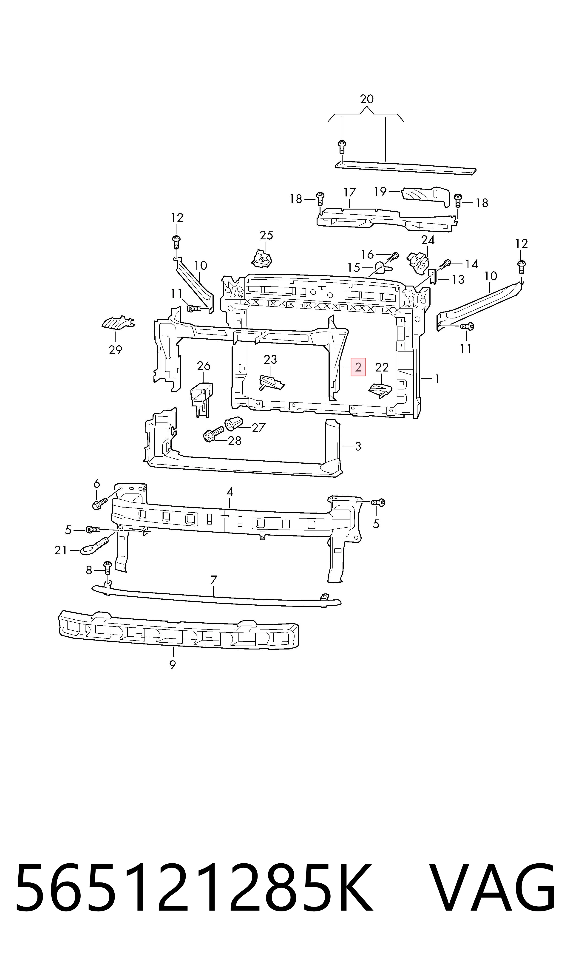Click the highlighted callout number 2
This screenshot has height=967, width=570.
(x=358, y=367)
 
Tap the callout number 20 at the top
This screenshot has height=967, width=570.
(x=366, y=99)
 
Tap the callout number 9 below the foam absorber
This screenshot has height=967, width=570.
(x=173, y=664)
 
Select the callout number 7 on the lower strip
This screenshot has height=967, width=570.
(x=214, y=579)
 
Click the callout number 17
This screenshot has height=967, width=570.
(x=349, y=192)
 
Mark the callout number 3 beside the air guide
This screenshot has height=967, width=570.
(x=358, y=446)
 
